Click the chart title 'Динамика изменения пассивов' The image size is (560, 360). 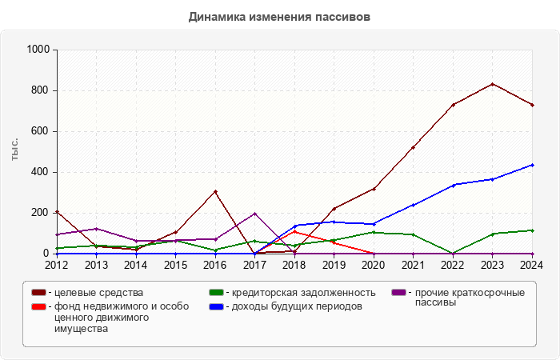279,16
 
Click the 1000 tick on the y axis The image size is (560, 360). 38,50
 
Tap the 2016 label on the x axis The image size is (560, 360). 215,265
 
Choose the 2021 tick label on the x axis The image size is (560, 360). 414,265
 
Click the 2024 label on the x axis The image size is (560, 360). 533,265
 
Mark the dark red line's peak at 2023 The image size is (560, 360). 493,84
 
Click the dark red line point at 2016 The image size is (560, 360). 215,191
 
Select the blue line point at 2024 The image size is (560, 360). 533,165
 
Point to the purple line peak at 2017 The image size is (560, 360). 254,214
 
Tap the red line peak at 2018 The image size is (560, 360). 294,232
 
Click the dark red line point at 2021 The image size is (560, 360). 414,147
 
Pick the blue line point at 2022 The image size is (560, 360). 454,185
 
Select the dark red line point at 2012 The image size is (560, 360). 57,211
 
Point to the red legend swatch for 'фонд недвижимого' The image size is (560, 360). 38,306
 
